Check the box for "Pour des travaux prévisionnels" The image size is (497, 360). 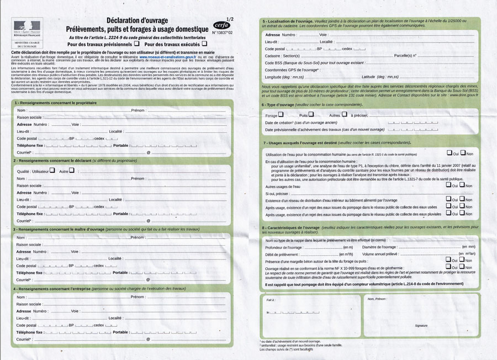136,43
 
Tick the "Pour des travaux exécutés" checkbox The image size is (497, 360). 204,43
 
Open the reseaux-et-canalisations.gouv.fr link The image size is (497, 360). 167,57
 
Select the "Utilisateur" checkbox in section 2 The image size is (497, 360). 52,171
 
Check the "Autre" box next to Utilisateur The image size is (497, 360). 72,171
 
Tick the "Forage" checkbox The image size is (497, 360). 281,114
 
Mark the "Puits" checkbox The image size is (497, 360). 311,114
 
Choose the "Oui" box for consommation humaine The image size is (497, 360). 449,153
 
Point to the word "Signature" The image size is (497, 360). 421,326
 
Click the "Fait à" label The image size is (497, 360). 270,300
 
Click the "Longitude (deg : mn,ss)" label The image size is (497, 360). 284,77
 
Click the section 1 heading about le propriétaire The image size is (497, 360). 51,103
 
